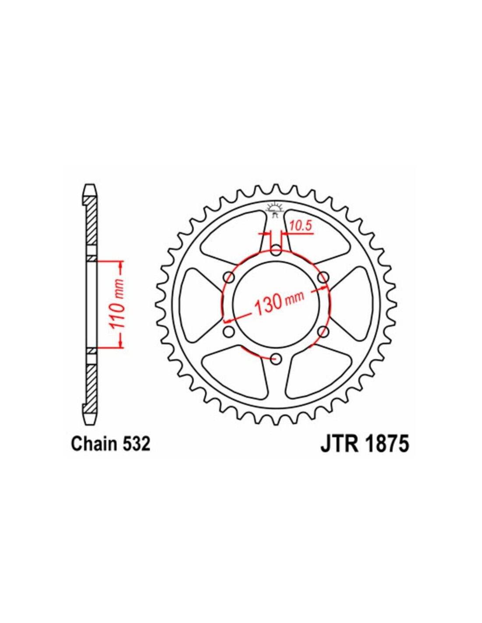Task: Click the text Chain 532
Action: [111, 453]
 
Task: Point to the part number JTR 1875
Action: [365, 452]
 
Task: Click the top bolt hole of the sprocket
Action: [276, 250]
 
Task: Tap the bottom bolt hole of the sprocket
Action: [276, 358]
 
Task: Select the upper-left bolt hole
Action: [229, 277]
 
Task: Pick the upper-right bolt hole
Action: [323, 277]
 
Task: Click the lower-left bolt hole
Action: [229, 331]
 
